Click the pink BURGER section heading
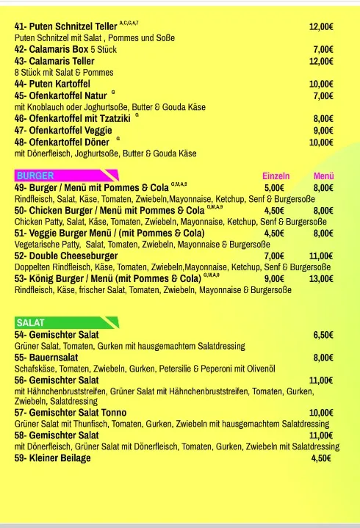click(x=35, y=176)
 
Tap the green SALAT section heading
click(x=30, y=322)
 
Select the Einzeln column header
click(x=276, y=176)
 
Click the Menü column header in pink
click(x=323, y=176)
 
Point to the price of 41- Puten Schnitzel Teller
click(x=321, y=26)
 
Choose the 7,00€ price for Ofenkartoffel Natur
click(x=323, y=95)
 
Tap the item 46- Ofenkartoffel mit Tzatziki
click(x=71, y=118)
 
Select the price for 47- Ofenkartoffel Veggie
click(x=323, y=130)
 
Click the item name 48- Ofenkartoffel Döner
click(x=62, y=142)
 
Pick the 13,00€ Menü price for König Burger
click(x=321, y=279)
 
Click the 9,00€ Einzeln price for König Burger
click(x=274, y=279)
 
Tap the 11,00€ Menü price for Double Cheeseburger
click(x=321, y=256)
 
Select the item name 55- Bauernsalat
click(x=47, y=358)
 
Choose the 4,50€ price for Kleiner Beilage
click(x=321, y=458)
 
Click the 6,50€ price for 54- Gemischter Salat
click(x=323, y=335)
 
